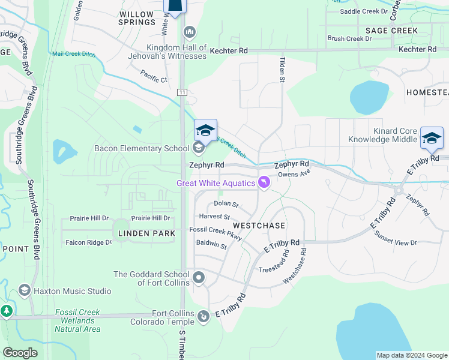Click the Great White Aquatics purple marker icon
[264, 182]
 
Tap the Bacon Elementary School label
[142, 148]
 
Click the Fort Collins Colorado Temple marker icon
[204, 315]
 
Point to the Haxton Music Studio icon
[25, 291]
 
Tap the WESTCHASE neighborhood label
[259, 225]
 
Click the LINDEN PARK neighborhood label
[146, 233]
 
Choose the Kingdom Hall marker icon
[190, 31]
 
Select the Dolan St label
[226, 205]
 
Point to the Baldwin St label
[211, 245]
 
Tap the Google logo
[20, 353]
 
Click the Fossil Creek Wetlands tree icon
[7, 311]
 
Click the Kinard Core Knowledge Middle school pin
[431, 137]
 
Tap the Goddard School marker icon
[199, 278]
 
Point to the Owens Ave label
[293, 175]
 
